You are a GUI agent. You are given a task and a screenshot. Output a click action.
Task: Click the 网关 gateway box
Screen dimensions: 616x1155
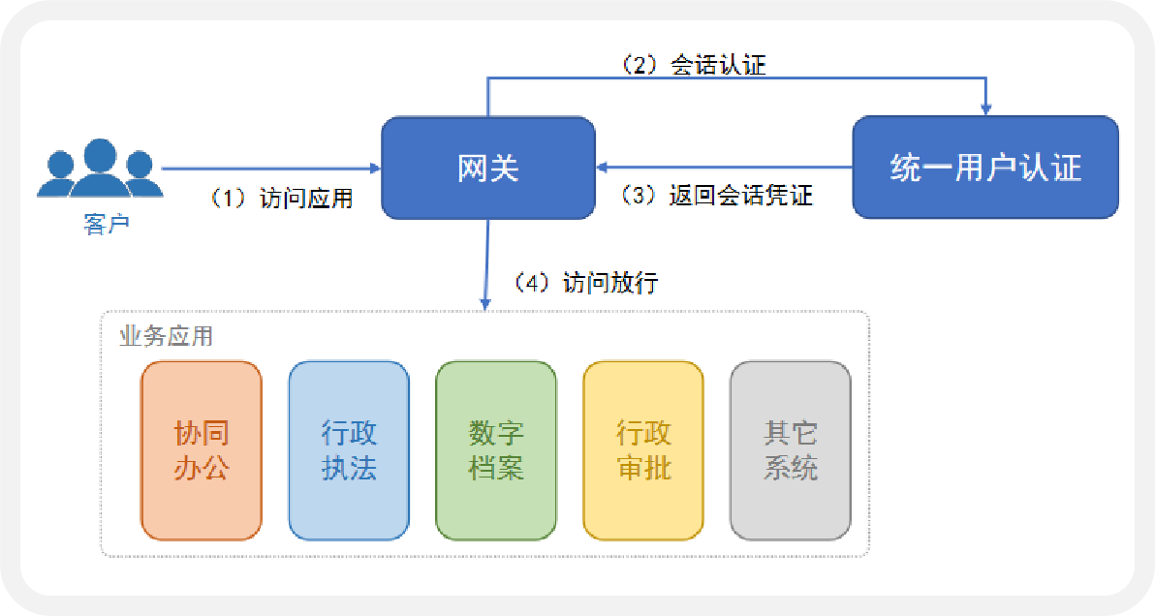[x=488, y=168]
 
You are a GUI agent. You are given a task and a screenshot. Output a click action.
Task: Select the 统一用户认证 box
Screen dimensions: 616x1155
[x=984, y=168]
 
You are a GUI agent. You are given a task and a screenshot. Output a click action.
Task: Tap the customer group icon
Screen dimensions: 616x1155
[x=99, y=170]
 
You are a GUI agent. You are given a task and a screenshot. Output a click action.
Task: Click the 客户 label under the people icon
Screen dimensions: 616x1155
[x=107, y=225]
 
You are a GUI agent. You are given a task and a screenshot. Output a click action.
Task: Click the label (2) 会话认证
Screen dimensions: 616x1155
[x=694, y=65]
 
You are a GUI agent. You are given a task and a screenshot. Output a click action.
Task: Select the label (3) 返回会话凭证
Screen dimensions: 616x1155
[x=717, y=196]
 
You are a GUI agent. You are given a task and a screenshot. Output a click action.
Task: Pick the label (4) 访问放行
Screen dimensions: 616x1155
[x=586, y=283]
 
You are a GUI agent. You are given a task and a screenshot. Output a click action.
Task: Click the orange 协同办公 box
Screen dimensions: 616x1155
[x=202, y=450]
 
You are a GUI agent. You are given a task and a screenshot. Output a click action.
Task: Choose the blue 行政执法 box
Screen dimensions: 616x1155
[x=349, y=450]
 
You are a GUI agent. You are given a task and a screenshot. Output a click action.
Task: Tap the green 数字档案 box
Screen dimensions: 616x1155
[x=496, y=450]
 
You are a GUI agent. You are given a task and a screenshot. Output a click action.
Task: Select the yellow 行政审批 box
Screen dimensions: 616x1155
[x=643, y=450]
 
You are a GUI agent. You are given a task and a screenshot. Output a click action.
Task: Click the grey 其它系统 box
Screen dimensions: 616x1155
[x=791, y=450]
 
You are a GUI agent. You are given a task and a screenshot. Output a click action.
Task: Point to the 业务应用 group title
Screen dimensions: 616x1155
[x=166, y=336]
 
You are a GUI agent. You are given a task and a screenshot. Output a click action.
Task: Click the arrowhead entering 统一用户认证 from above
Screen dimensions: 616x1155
[x=985, y=108]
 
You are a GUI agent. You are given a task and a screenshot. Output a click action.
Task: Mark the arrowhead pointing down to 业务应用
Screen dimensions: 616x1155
[x=485, y=303]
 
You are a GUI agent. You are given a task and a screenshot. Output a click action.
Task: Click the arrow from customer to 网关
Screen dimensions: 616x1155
[x=271, y=169]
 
